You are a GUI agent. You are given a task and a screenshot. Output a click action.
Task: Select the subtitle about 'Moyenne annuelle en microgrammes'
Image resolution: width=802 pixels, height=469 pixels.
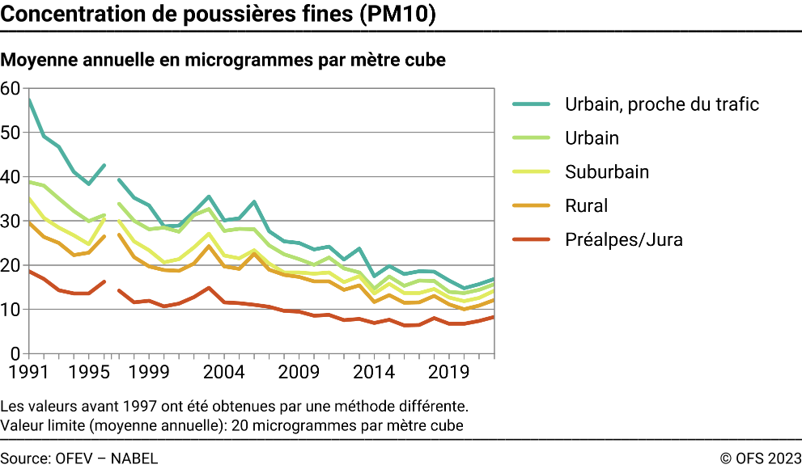point(223,61)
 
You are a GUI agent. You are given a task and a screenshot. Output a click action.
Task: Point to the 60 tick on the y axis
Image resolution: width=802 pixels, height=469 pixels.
point(11,88)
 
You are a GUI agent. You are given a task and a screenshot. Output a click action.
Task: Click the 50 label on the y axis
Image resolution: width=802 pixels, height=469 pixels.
point(11,133)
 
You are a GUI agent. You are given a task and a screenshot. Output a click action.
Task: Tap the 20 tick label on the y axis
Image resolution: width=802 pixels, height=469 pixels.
point(11,265)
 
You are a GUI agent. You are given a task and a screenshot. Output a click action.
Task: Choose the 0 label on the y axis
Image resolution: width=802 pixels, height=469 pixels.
point(15,354)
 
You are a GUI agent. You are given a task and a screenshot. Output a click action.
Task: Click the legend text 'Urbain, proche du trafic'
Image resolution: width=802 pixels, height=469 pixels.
point(662,104)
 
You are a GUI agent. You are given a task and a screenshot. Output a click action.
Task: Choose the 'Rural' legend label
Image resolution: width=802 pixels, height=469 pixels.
point(587,206)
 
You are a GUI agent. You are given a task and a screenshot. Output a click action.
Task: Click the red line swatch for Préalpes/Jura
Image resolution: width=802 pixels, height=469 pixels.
point(531,240)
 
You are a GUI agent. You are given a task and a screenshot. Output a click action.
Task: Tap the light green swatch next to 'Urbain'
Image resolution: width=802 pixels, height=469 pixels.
point(531,138)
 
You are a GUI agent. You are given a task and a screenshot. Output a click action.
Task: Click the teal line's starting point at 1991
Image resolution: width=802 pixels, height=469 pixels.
point(29,99)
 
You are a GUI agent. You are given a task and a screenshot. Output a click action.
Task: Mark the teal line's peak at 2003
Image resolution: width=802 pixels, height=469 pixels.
point(209,196)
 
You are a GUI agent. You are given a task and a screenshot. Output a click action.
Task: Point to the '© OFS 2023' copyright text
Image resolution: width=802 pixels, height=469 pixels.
point(760,458)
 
